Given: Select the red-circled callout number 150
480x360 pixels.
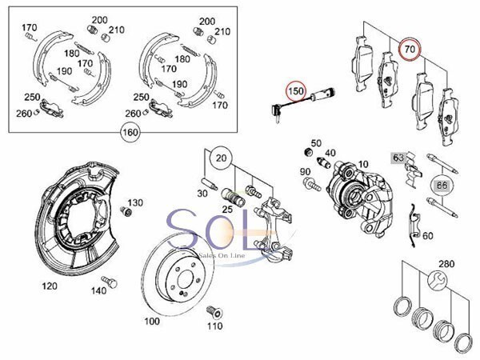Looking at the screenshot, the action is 295,92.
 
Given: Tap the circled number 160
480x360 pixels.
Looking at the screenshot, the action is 130,132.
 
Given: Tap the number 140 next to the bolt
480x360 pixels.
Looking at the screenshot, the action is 98,292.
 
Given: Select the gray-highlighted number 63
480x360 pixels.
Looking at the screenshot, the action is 398,157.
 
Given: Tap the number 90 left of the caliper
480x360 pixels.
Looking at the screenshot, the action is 305,172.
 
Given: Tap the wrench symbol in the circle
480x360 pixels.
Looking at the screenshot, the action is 438,279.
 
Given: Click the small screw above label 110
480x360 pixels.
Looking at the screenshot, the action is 213,310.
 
